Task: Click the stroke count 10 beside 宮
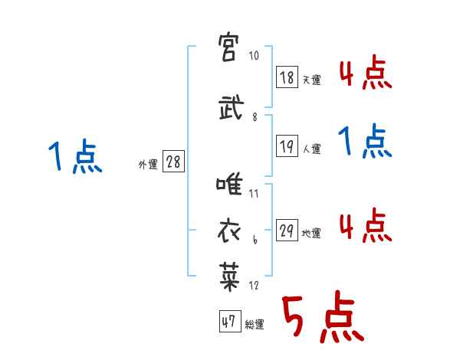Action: tap(255, 57)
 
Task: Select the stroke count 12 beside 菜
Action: tap(255, 286)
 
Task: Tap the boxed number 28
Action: tap(172, 162)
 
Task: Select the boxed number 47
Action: tap(228, 322)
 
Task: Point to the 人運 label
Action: tap(311, 149)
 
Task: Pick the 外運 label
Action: tap(147, 165)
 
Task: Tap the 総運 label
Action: tap(255, 325)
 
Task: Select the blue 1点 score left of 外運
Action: tap(75, 158)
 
